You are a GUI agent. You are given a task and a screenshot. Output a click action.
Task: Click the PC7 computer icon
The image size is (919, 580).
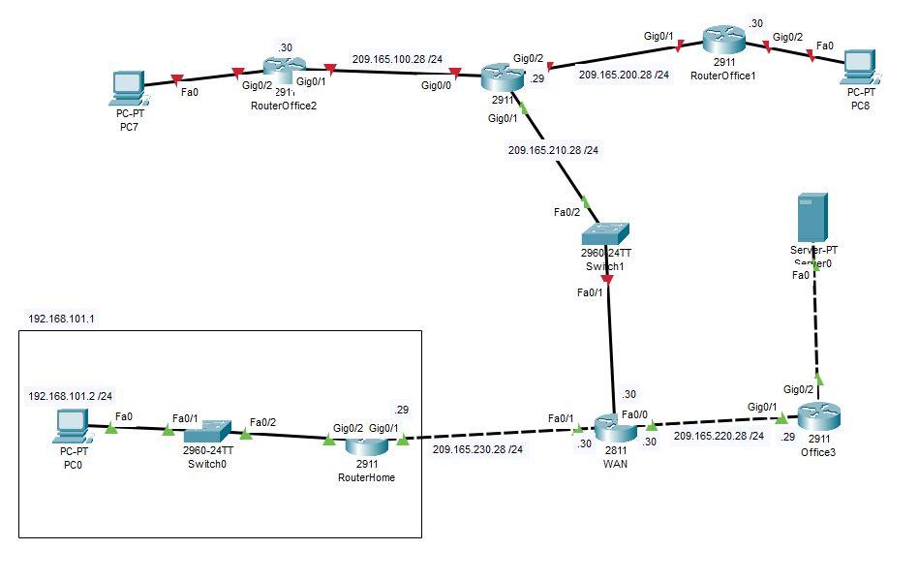pos(128,87)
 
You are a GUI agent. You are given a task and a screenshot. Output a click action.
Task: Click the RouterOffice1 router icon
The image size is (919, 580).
pos(724,42)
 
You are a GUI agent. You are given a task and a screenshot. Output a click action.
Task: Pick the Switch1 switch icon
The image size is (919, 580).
pos(605,235)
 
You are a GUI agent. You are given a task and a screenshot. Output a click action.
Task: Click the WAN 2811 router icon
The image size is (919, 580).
pos(614,427)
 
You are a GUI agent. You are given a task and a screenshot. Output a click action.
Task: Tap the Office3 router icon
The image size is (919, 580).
pos(818,417)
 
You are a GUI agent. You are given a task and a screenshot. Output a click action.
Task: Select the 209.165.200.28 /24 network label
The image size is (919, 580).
pos(624,74)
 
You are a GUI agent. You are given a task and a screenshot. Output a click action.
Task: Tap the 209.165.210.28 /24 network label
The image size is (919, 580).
pos(553,150)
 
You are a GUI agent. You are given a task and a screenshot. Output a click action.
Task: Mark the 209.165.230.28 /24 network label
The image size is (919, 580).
pos(477,449)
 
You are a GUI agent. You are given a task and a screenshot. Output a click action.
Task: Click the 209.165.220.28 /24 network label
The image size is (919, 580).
pos(719,437)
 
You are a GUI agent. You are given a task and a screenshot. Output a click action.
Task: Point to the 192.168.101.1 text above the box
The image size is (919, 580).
pos(61,318)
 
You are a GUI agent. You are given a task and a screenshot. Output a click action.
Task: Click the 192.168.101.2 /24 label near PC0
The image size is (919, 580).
pos(71,395)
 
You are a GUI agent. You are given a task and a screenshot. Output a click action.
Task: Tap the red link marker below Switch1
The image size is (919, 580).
pos(607,280)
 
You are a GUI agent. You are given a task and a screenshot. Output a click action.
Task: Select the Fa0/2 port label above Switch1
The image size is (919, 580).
pos(567,212)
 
